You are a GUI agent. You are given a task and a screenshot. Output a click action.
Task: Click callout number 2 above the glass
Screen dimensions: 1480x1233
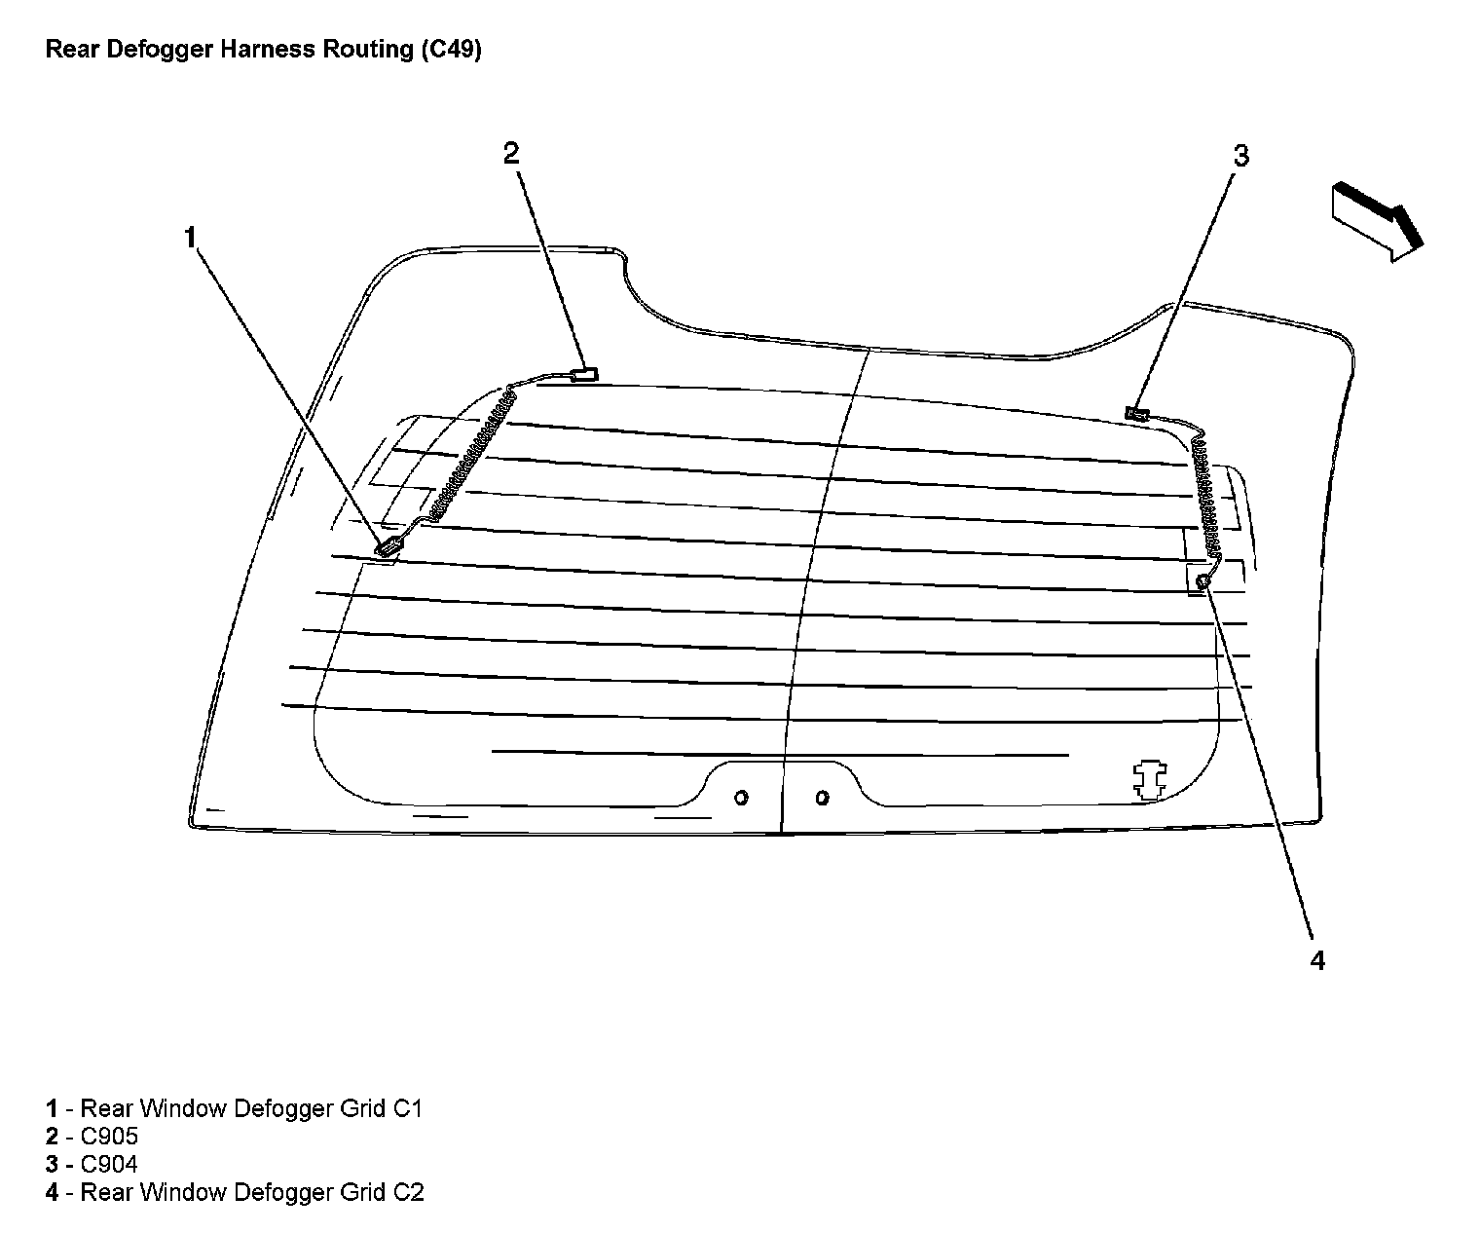(x=511, y=152)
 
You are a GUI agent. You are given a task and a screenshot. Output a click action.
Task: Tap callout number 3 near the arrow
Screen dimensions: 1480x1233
(x=1240, y=156)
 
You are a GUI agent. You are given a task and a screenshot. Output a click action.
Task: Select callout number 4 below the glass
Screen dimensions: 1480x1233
(x=1316, y=960)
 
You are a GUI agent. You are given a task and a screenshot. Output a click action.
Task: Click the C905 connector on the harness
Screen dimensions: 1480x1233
(x=584, y=373)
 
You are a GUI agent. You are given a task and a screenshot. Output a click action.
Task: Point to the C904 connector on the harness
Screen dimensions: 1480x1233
(x=1136, y=414)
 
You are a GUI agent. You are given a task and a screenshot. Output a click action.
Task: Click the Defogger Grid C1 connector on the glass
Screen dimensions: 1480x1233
(x=388, y=547)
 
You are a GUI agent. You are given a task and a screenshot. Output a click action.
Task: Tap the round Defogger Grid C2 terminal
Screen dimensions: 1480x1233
(x=1202, y=581)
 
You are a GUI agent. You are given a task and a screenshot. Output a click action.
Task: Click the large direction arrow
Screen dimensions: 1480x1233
(x=1376, y=220)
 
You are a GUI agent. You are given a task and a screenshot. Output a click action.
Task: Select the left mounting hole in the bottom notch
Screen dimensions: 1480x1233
(x=741, y=798)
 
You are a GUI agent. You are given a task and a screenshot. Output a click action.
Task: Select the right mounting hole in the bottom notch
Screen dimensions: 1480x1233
(x=822, y=798)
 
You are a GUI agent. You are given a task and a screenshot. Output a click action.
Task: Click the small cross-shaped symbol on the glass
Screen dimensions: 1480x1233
(x=1150, y=780)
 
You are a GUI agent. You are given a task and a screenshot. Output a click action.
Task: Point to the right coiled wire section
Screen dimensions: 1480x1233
(x=1205, y=501)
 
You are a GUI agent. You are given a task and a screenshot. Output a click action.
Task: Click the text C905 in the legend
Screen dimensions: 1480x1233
(x=109, y=1137)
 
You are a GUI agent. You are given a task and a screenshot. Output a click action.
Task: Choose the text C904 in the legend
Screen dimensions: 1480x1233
(x=109, y=1164)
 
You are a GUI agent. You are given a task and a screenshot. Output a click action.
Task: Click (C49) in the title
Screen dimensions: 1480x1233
(x=451, y=50)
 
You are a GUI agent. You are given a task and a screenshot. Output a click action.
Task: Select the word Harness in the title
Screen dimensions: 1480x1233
(x=259, y=50)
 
